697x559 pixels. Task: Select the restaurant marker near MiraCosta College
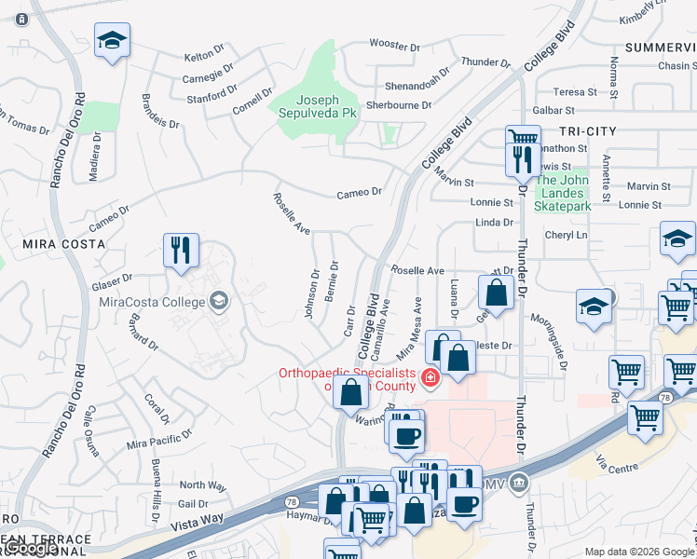pyautogui.click(x=181, y=250)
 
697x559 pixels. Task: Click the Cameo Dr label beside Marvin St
pyautogui.click(x=360, y=191)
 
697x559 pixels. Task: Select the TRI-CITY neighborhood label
pyautogui.click(x=589, y=131)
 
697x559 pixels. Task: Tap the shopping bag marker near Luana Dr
pyautogui.click(x=497, y=293)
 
